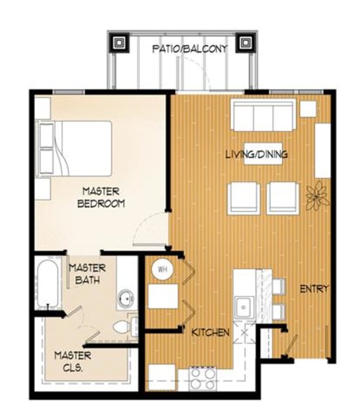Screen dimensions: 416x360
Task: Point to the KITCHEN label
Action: pos(210,332)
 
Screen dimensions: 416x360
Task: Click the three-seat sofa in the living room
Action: pos(262,116)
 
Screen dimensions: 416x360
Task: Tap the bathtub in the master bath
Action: pos(47,285)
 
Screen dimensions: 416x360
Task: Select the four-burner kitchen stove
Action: pos(202,376)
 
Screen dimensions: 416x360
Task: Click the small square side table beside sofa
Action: pos(307,108)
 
